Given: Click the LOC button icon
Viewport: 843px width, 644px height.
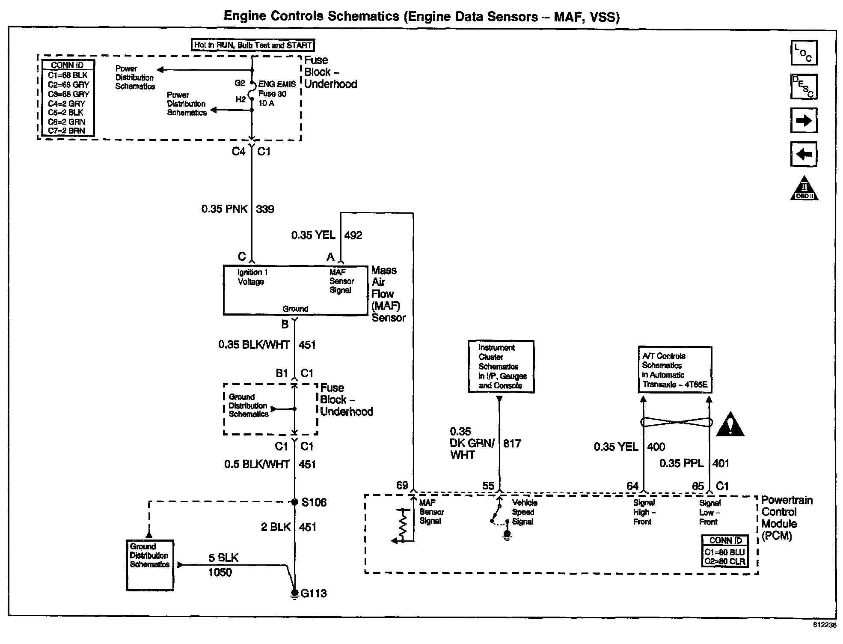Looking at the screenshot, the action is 804,53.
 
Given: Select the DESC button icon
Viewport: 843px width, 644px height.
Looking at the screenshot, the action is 804,86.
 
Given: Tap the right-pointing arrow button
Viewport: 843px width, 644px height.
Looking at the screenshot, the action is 804,120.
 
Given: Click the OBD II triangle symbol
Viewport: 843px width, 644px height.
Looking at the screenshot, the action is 804,188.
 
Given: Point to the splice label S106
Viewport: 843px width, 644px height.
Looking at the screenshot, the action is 314,502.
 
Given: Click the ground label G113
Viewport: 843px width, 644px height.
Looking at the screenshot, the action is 314,593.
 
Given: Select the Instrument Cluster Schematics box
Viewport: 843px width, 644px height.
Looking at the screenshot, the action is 501,367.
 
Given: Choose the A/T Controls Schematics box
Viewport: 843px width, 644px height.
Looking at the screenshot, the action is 675,370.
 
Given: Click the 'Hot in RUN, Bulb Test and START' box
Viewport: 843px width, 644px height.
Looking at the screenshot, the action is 253,45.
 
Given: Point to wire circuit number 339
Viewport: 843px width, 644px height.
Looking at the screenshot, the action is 265,209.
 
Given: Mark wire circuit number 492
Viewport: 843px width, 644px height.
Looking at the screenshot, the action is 353,235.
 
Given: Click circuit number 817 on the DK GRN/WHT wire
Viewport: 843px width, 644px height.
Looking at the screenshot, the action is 512,443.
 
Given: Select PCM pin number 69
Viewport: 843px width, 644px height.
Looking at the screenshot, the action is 402,485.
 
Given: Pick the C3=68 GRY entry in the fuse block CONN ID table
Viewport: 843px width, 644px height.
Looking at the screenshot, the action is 68,94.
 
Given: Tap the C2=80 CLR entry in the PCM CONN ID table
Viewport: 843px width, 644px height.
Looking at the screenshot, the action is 725,561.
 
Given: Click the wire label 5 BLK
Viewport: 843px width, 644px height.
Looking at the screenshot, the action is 223,558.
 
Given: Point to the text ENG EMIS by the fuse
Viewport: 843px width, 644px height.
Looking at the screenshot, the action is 277,84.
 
